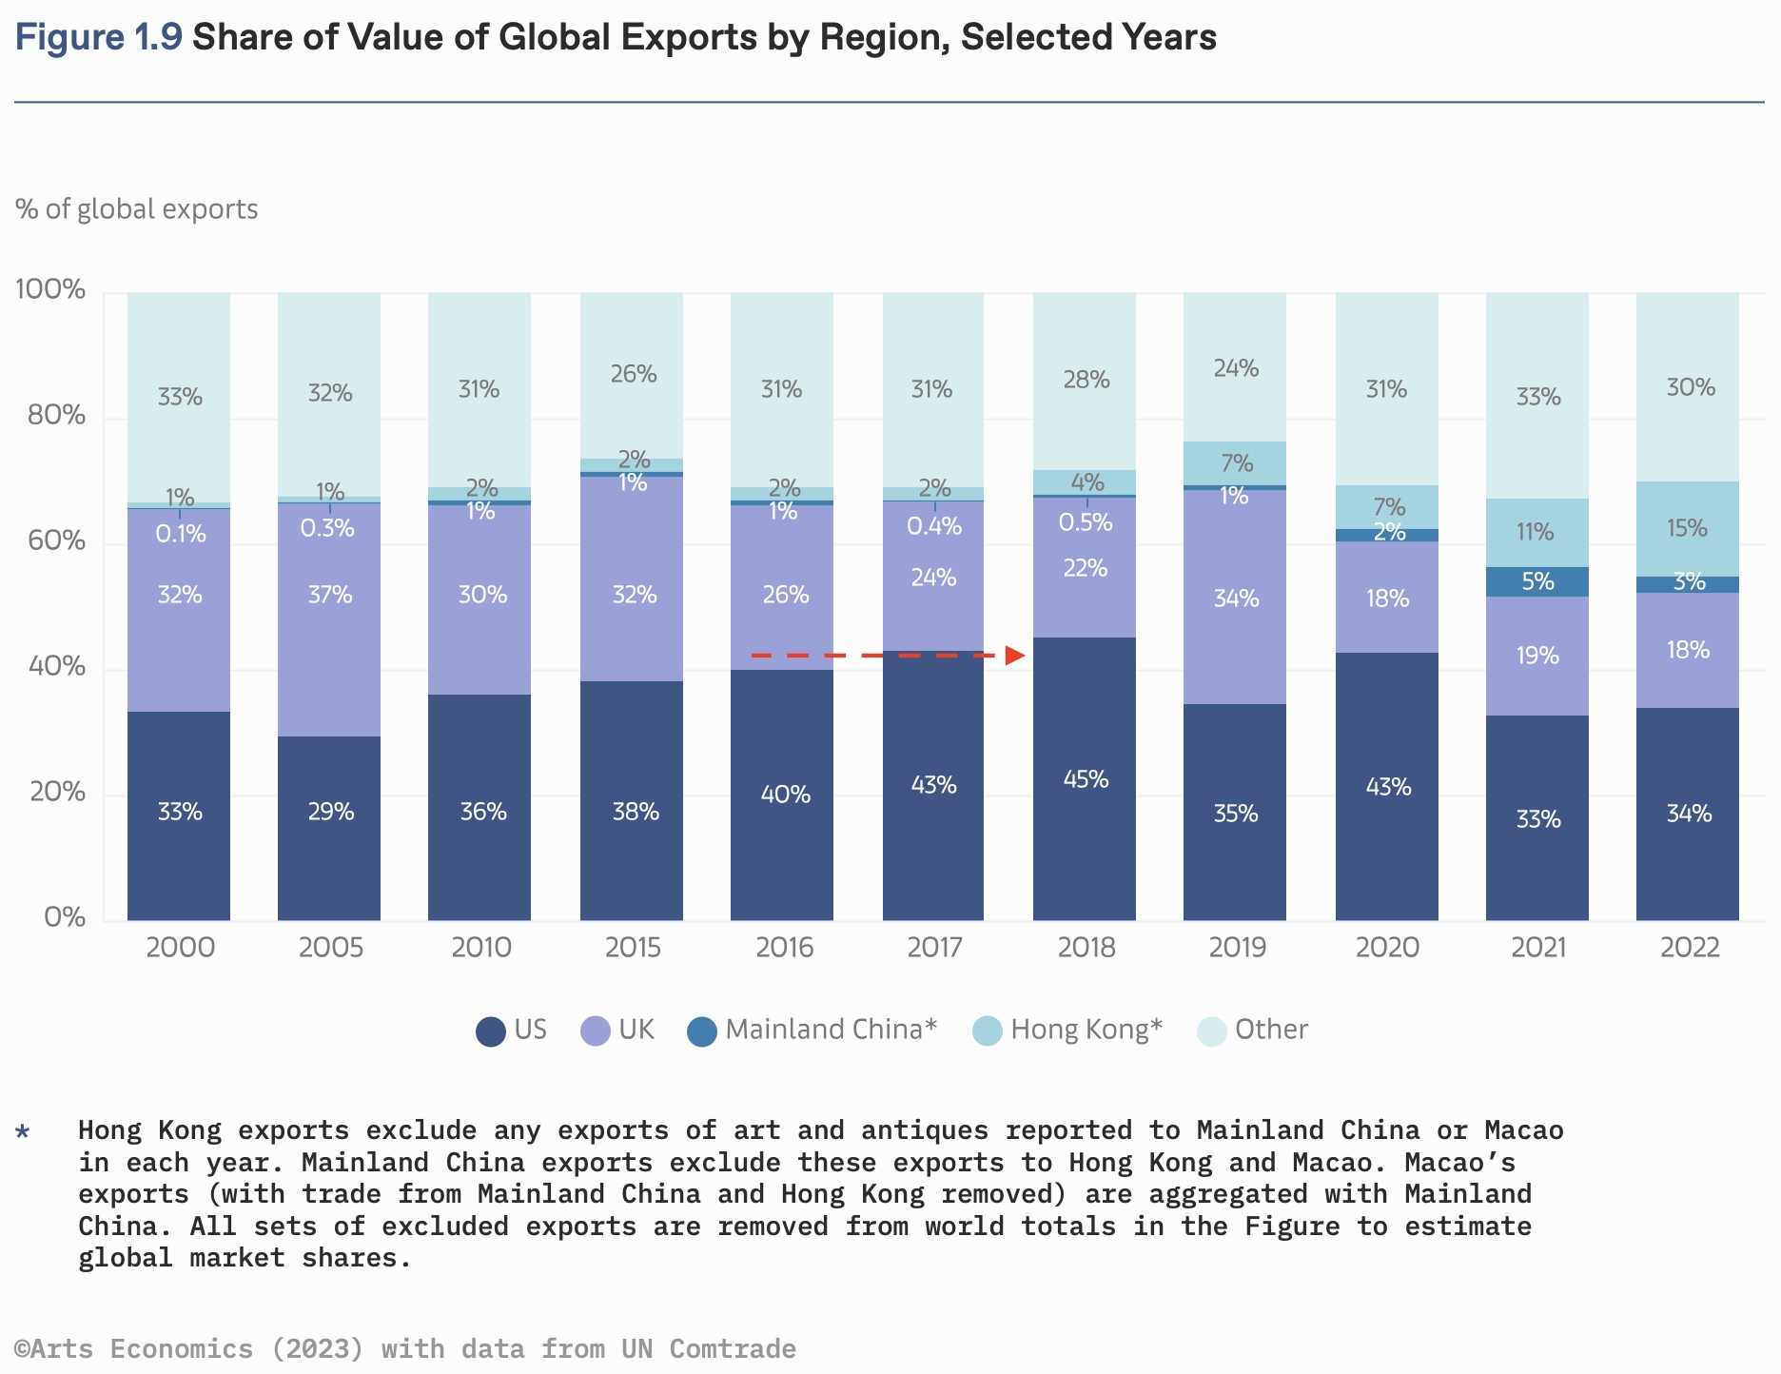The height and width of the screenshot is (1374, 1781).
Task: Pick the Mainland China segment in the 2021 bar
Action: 1536,581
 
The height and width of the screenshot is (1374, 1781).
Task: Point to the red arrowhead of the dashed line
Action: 1016,656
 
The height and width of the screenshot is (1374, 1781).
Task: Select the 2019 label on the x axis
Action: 1236,948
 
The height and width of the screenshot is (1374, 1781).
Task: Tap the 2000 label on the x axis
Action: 180,948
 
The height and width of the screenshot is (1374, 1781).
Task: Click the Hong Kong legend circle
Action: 988,1031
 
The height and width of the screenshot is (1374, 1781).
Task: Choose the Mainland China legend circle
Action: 701,1031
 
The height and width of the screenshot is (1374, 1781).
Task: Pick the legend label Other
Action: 1271,1030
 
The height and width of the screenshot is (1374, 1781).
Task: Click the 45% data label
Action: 1086,779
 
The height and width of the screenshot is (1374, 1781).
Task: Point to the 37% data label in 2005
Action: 330,595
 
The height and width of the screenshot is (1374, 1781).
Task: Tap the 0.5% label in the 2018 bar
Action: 1086,522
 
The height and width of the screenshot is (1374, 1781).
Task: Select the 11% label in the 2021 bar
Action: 1535,531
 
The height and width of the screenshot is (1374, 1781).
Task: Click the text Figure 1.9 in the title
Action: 99,38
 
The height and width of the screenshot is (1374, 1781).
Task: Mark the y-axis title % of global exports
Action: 137,209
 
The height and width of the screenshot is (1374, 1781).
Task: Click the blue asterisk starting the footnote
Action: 23,1131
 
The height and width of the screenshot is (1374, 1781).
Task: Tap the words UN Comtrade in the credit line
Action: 709,1349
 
